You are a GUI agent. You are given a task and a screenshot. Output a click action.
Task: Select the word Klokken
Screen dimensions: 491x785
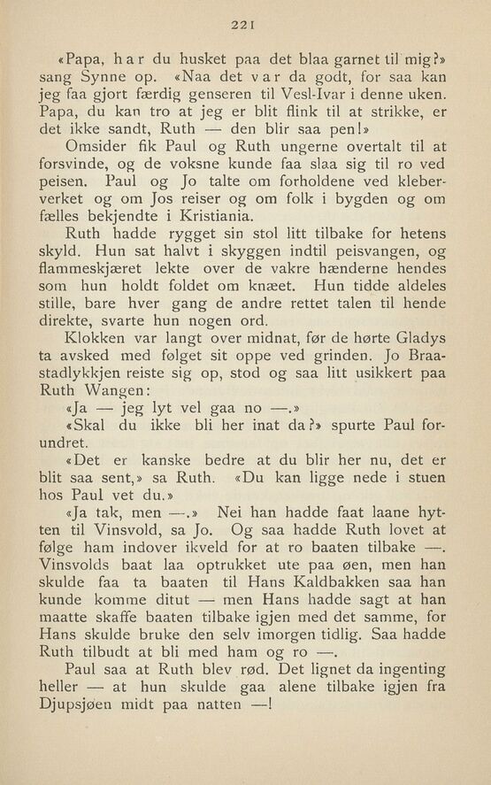98,350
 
